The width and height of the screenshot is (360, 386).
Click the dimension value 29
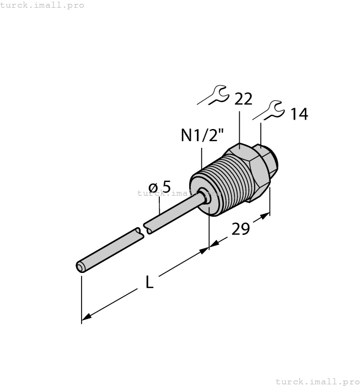click(240, 229)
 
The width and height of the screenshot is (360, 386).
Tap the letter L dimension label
click(149, 283)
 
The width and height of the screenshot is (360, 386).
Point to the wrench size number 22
click(243, 99)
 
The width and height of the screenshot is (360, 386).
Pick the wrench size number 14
click(299, 114)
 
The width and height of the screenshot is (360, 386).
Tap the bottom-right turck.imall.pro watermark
click(316, 381)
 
